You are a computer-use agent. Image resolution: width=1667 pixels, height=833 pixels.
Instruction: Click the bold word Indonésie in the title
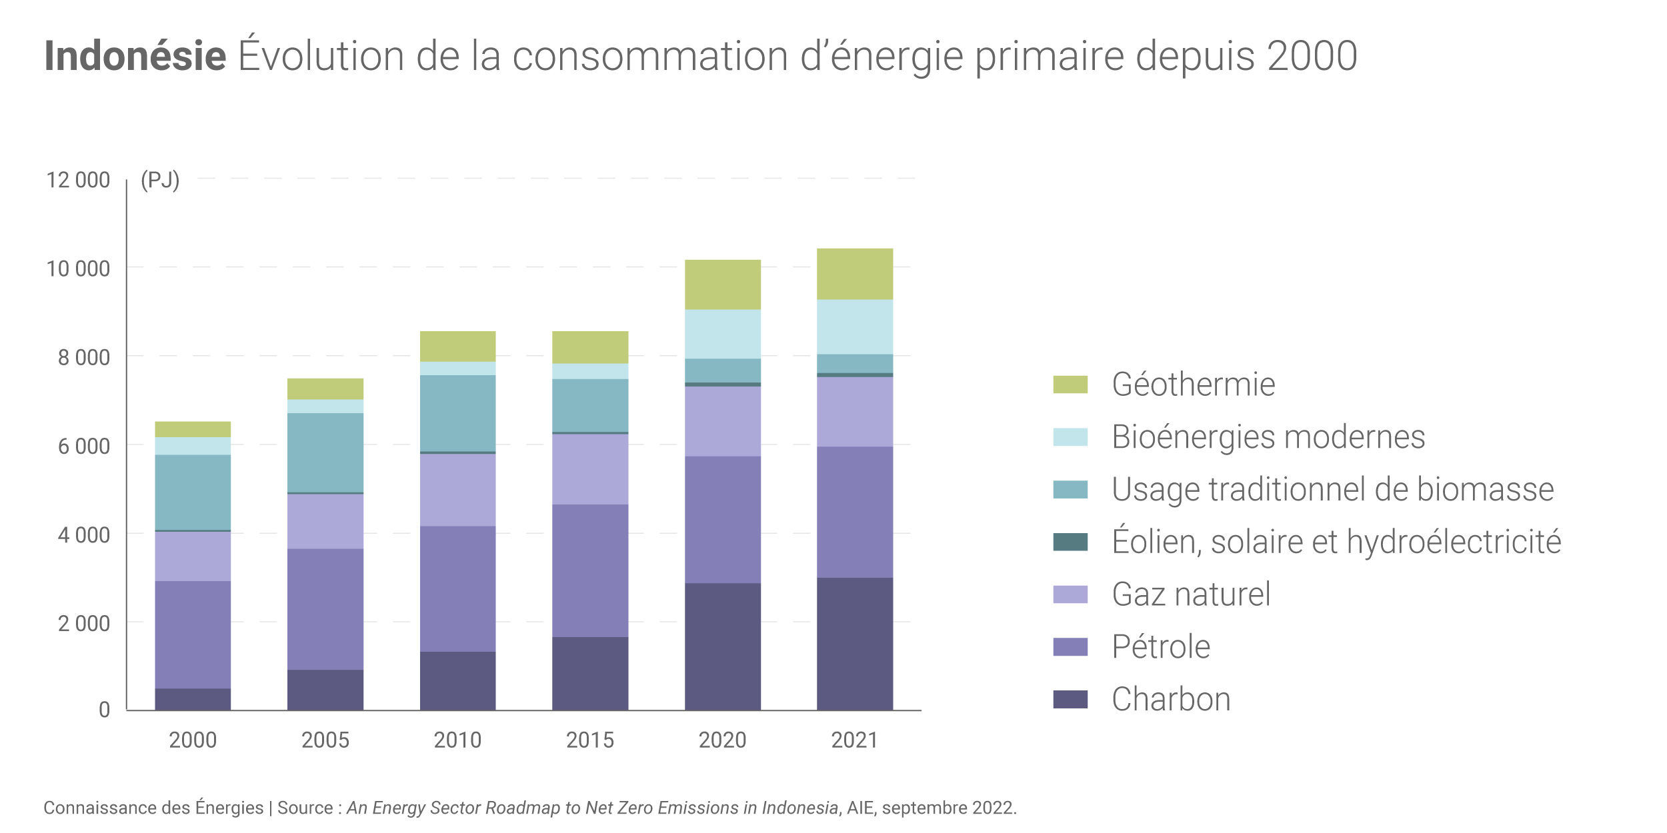[135, 56]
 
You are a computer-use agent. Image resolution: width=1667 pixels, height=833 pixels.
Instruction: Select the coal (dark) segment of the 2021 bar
[854, 644]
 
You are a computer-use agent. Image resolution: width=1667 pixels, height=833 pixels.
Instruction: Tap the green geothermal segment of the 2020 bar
[722, 285]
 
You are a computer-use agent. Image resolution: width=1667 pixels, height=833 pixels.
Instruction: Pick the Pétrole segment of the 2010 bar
[457, 588]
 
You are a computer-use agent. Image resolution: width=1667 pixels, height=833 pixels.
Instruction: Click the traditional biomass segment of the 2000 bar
[193, 492]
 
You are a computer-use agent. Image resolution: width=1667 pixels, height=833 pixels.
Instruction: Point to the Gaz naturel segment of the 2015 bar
[589, 469]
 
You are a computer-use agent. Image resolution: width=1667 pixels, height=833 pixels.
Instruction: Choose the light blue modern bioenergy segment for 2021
[854, 327]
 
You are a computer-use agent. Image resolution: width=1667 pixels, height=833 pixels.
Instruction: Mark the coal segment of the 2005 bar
[325, 690]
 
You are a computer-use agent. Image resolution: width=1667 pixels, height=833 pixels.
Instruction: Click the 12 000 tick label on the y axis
[78, 180]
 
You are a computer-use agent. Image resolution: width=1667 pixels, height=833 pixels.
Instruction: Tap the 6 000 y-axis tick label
[84, 446]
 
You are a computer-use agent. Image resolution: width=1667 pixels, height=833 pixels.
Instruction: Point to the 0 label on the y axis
[104, 710]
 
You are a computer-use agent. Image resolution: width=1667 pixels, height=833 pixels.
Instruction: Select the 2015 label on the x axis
[589, 740]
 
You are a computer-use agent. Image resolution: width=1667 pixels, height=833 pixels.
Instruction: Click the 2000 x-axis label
[193, 740]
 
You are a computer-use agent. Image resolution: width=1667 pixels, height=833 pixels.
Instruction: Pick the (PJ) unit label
[160, 180]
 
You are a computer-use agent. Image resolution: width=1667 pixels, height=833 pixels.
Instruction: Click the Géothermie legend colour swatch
[1070, 385]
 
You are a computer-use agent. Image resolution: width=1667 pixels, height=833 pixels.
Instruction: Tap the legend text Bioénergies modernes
[1268, 437]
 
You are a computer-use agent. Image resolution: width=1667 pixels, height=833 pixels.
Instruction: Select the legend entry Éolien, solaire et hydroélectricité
[1336, 542]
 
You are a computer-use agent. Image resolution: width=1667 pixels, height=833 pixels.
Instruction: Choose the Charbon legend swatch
[1070, 699]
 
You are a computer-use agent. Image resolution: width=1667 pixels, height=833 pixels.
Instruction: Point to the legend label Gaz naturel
[1191, 594]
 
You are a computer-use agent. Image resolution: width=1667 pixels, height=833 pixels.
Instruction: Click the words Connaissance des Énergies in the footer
[153, 808]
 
